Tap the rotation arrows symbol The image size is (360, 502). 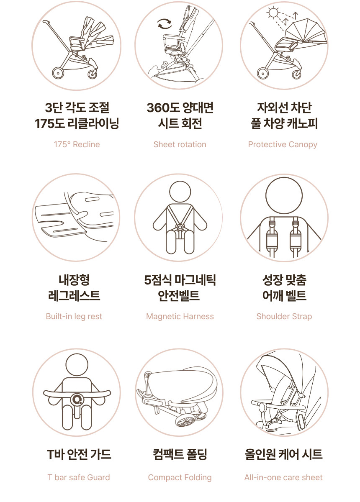click(165, 24)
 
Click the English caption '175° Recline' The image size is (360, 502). click(77, 145)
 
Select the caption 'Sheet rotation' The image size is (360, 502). click(180, 145)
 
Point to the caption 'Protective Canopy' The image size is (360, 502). click(283, 145)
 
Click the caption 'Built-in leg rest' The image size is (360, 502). click(74, 316)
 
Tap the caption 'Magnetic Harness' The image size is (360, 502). click(180, 316)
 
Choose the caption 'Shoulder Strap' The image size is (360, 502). click(284, 316)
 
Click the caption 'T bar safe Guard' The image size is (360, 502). click(79, 477)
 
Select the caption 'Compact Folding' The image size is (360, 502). click(180, 478)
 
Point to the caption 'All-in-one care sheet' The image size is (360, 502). click(283, 477)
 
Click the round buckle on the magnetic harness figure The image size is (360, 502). click(180, 227)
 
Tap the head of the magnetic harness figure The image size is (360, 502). click(180, 192)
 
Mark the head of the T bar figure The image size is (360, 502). click(77, 365)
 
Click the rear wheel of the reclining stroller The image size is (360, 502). click(58, 73)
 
